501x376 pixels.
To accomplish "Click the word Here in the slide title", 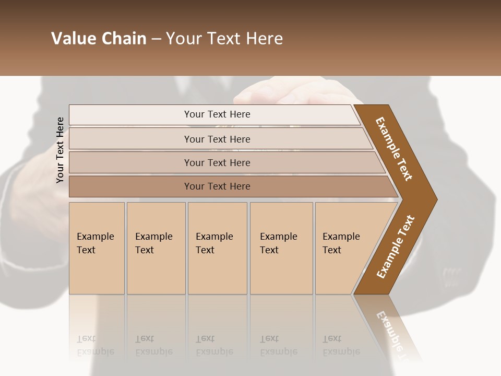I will pos(264,39).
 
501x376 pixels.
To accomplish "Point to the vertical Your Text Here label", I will pos(60,150).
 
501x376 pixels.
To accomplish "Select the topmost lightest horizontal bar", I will pos(217,114).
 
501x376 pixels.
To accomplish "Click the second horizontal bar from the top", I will pos(217,139).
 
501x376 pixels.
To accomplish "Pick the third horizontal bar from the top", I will pos(217,162).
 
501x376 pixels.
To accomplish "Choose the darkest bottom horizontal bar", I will pos(217,186).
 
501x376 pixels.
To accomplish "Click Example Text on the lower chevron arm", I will pos(396,247).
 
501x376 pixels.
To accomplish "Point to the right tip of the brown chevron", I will pos(436,199).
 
